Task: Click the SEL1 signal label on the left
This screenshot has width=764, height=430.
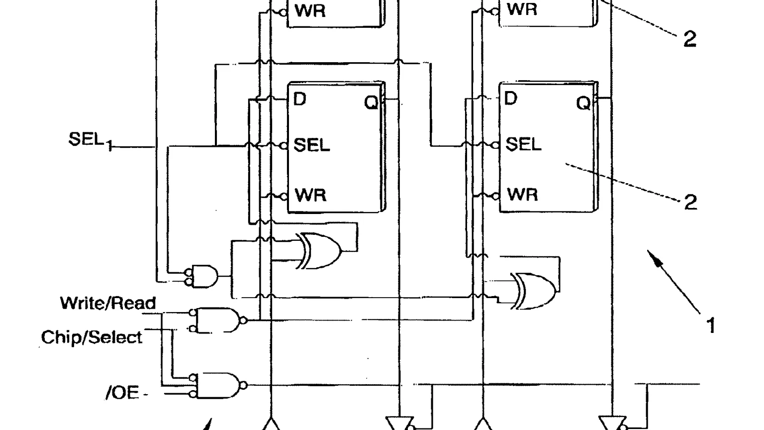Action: pyautogui.click(x=91, y=141)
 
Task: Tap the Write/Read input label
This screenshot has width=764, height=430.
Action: pyautogui.click(x=108, y=303)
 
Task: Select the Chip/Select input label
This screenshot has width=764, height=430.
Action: pyautogui.click(x=92, y=337)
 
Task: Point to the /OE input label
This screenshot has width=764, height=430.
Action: pyautogui.click(x=122, y=393)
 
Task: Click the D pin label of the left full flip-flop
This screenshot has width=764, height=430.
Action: pyautogui.click(x=300, y=99)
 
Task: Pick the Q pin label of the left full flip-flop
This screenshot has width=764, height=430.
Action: pyautogui.click(x=371, y=102)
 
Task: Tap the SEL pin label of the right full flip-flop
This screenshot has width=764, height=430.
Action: pyautogui.click(x=523, y=144)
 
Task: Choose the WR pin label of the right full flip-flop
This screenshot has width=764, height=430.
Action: pyautogui.click(x=523, y=195)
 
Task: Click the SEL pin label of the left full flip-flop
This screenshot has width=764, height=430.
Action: pyautogui.click(x=311, y=145)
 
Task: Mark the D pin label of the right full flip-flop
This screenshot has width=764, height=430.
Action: pyautogui.click(x=511, y=98)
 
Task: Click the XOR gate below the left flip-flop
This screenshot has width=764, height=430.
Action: pyautogui.click(x=319, y=251)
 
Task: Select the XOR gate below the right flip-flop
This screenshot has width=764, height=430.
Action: pyautogui.click(x=534, y=291)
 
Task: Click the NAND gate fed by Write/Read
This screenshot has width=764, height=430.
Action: pyautogui.click(x=218, y=320)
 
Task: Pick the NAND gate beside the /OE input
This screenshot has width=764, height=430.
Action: pyautogui.click(x=218, y=385)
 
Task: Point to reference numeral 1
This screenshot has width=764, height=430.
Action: pyautogui.click(x=711, y=325)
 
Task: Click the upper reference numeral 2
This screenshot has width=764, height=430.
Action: pyautogui.click(x=690, y=39)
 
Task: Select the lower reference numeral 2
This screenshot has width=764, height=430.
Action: pyautogui.click(x=691, y=202)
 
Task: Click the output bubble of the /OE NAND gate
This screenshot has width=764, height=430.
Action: pyautogui.click(x=244, y=385)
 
